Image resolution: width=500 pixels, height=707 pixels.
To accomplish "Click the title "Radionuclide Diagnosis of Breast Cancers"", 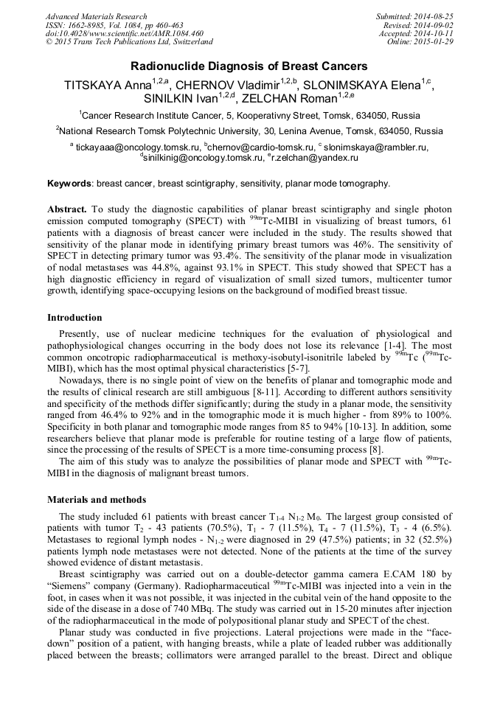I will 250,66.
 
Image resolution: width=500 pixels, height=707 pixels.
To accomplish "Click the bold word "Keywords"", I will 69,184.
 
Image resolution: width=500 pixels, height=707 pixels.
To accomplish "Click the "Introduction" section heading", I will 74,318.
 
